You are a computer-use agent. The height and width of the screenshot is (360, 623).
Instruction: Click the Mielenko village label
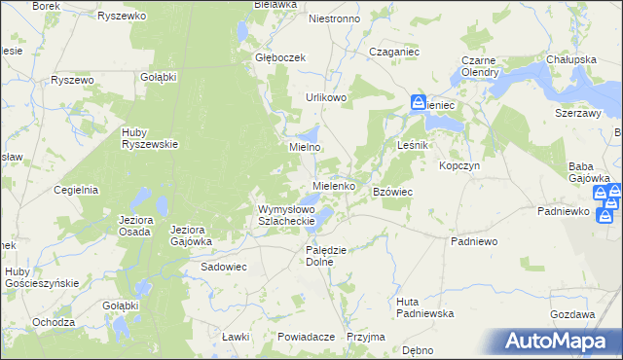(x=340, y=185)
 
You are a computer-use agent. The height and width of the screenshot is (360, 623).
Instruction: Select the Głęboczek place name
(x=280, y=57)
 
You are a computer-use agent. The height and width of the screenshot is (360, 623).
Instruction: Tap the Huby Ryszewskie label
(x=149, y=138)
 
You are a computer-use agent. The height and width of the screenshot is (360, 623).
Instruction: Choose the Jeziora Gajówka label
(x=191, y=235)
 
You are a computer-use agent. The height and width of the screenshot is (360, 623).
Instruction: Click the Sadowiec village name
(x=226, y=266)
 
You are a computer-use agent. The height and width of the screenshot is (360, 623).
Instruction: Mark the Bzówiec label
(x=393, y=193)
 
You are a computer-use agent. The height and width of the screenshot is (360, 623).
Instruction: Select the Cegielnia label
(x=77, y=191)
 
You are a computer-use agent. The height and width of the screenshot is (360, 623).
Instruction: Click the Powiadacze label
(x=306, y=337)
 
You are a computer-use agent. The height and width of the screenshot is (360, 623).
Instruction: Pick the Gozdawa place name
(x=572, y=315)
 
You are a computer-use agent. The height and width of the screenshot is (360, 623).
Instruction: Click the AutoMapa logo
(x=560, y=341)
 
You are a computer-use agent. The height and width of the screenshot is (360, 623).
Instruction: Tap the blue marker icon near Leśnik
(x=418, y=102)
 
